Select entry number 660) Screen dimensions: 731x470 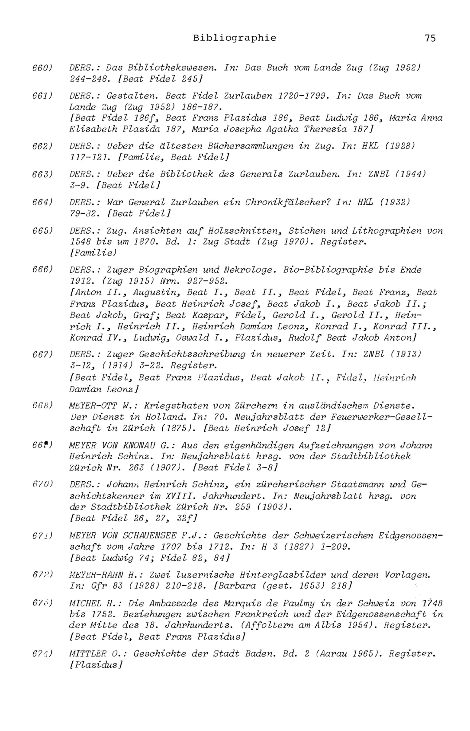tap(43, 67)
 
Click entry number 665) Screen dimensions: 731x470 tap(43, 231)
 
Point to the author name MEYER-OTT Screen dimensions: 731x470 tap(93, 406)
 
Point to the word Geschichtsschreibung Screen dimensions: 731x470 tap(192, 354)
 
